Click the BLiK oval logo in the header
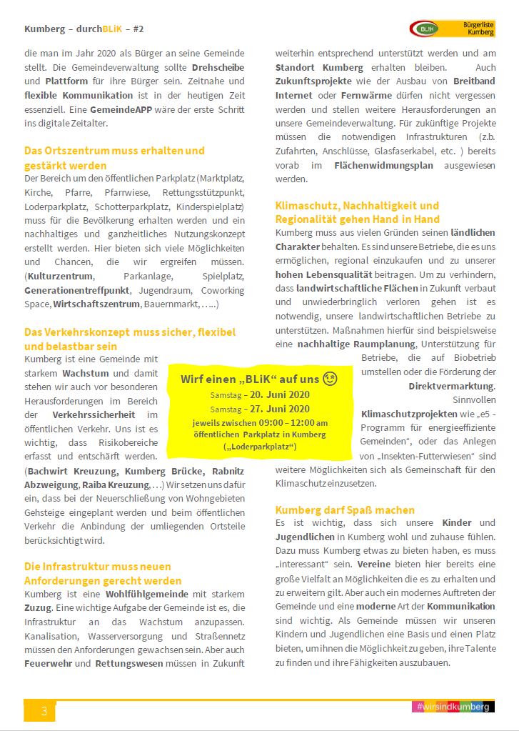(426, 29)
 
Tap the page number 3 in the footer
(44, 710)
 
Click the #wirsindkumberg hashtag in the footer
(453, 707)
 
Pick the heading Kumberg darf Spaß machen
(345, 509)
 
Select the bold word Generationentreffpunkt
(77, 290)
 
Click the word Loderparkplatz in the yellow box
(260, 447)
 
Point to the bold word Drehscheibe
(217, 67)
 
